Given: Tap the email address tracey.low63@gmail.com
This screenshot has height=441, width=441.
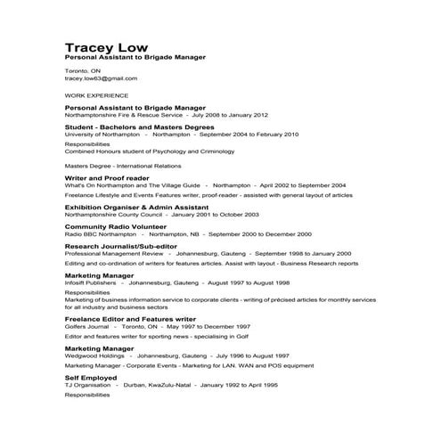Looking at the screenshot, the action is point(101,78).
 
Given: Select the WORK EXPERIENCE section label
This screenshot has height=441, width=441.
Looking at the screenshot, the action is point(96,94).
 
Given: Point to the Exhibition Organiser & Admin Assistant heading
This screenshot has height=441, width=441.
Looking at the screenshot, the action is point(142,206).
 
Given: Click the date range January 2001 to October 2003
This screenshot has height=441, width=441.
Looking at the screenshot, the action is point(215,214).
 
